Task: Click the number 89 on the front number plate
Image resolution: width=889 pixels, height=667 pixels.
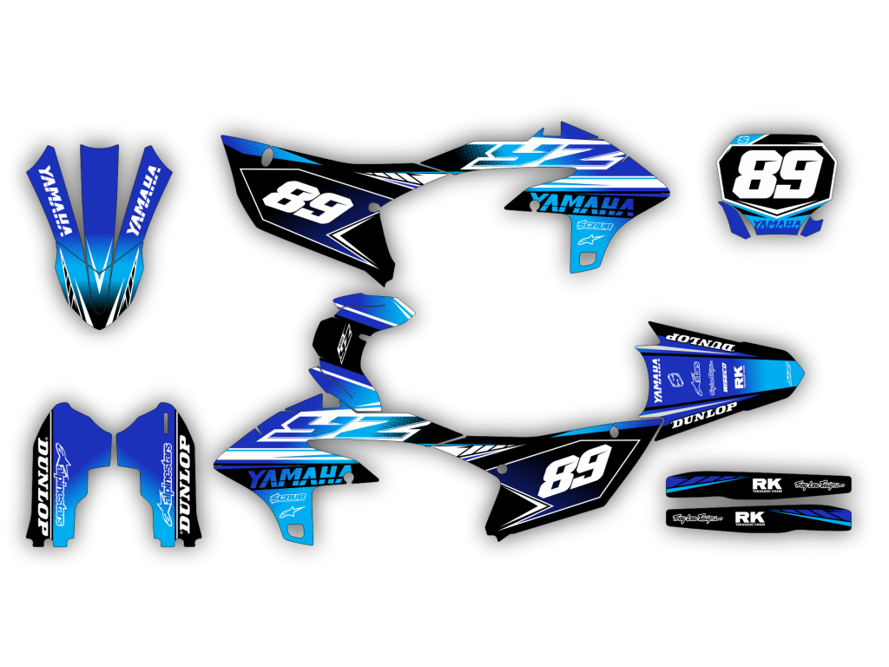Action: click(x=775, y=176)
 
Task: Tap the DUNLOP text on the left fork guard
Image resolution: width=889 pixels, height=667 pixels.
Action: click(x=43, y=492)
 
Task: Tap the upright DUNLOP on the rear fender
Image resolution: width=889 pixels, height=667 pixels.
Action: click(x=704, y=416)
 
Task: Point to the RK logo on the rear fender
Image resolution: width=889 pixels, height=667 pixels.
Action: click(x=740, y=376)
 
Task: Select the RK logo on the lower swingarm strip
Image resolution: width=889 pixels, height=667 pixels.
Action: click(x=749, y=518)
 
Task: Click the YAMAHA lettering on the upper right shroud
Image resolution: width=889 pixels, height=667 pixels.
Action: click(x=581, y=204)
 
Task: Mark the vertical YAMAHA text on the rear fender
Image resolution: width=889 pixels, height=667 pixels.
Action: click(x=657, y=380)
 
